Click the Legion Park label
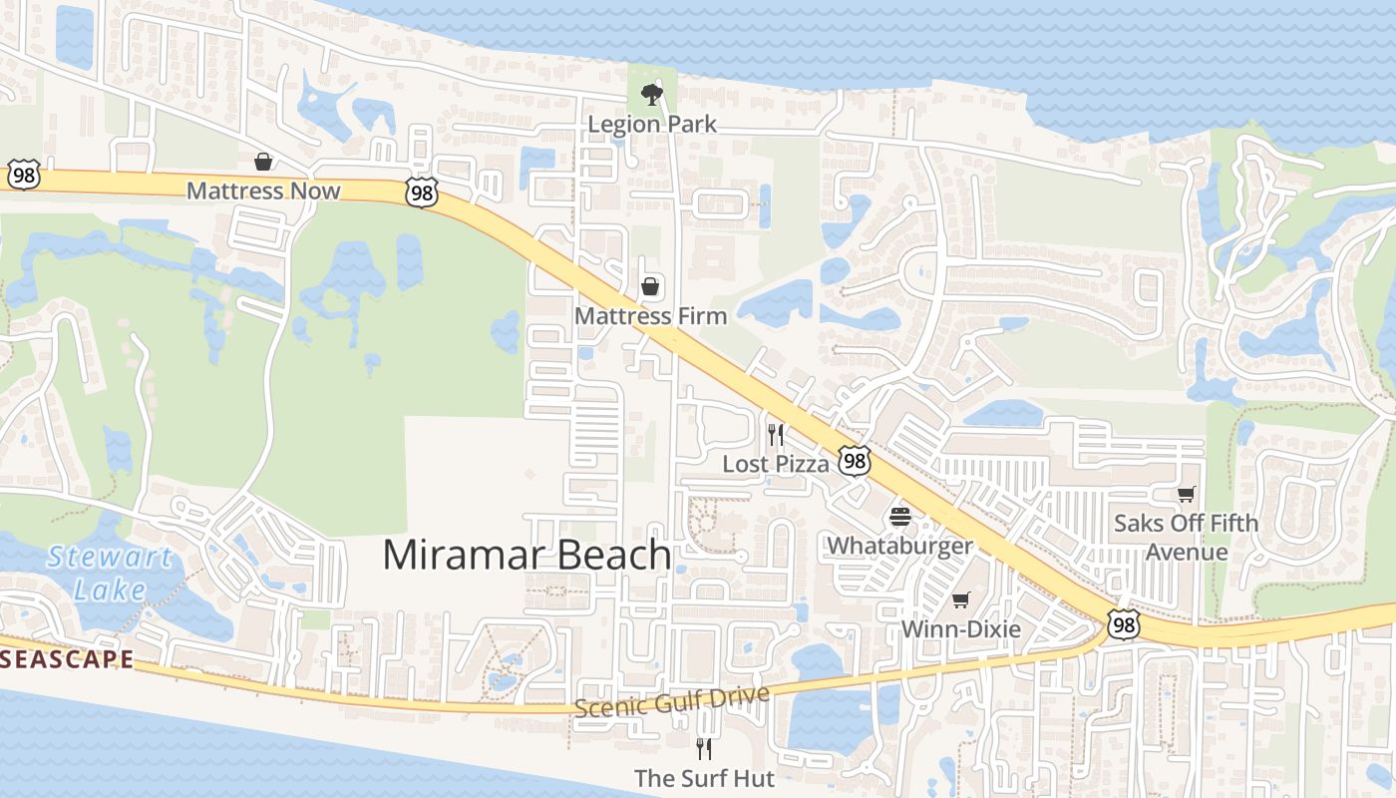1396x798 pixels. point(652,124)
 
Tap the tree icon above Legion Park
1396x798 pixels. point(652,95)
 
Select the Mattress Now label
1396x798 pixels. point(263,191)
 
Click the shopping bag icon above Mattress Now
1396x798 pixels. point(263,162)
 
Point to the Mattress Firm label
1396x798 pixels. point(651,316)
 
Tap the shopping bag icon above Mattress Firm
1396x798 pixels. point(650,287)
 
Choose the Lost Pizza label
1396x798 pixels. point(776,464)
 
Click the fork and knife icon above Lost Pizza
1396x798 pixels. point(776,435)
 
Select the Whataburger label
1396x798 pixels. point(900,546)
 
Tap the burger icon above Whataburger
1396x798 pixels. point(900,517)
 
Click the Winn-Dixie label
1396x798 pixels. point(961,629)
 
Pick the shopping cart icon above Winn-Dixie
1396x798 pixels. point(960,599)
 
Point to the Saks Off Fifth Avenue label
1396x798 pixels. point(1186,537)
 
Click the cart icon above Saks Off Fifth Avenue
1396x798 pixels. point(1186,494)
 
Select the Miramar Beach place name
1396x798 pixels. point(526,555)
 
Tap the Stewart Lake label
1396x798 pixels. point(110,573)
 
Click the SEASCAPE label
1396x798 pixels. point(67,659)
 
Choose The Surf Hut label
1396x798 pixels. point(704,778)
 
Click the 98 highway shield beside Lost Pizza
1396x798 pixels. point(855,460)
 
